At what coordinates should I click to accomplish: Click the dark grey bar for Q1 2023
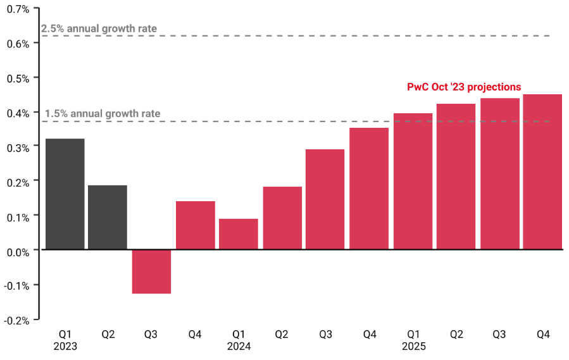65,194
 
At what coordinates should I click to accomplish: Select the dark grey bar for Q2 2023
108,217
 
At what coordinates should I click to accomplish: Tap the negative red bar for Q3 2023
151,271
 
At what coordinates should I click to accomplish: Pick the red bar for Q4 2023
196,225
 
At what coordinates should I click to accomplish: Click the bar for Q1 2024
239,234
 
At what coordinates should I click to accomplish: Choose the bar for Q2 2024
282,218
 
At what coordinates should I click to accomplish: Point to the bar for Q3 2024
325,199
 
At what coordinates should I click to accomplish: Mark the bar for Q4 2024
369,189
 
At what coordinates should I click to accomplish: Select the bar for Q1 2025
413,181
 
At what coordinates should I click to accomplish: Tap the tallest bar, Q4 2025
542,171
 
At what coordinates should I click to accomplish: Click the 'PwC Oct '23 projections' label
464,87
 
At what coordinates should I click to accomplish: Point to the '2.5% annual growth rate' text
99,28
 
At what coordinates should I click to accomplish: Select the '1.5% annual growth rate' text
103,115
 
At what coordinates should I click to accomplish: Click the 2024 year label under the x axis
239,347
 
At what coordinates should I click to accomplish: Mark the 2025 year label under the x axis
413,347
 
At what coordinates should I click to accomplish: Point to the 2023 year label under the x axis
65,347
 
